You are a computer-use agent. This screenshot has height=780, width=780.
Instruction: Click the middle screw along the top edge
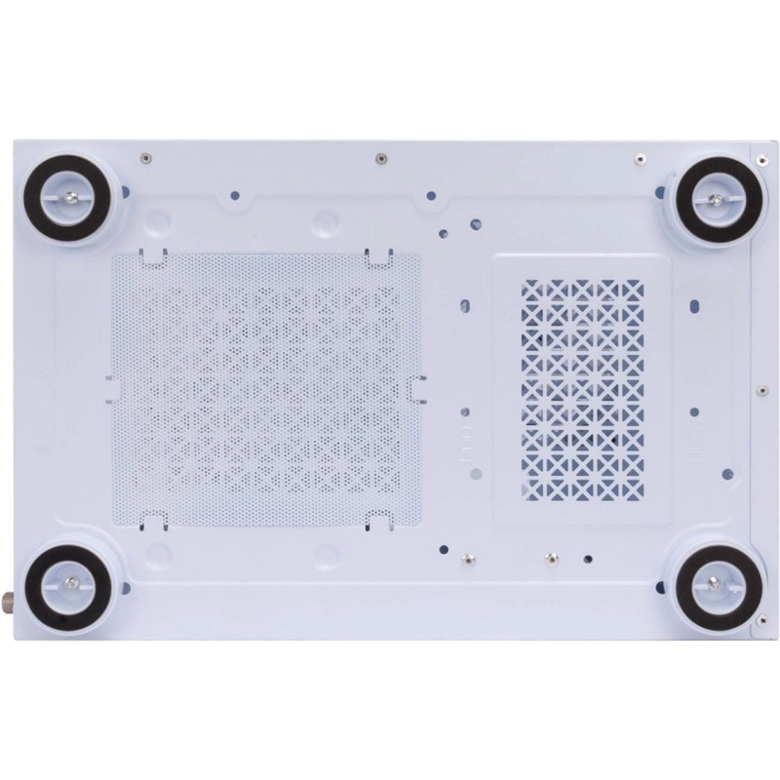click(x=377, y=155)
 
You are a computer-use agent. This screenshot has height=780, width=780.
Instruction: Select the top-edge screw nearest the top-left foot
click(x=144, y=155)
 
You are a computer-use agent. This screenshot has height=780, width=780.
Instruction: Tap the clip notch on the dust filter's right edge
click(x=420, y=389)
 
